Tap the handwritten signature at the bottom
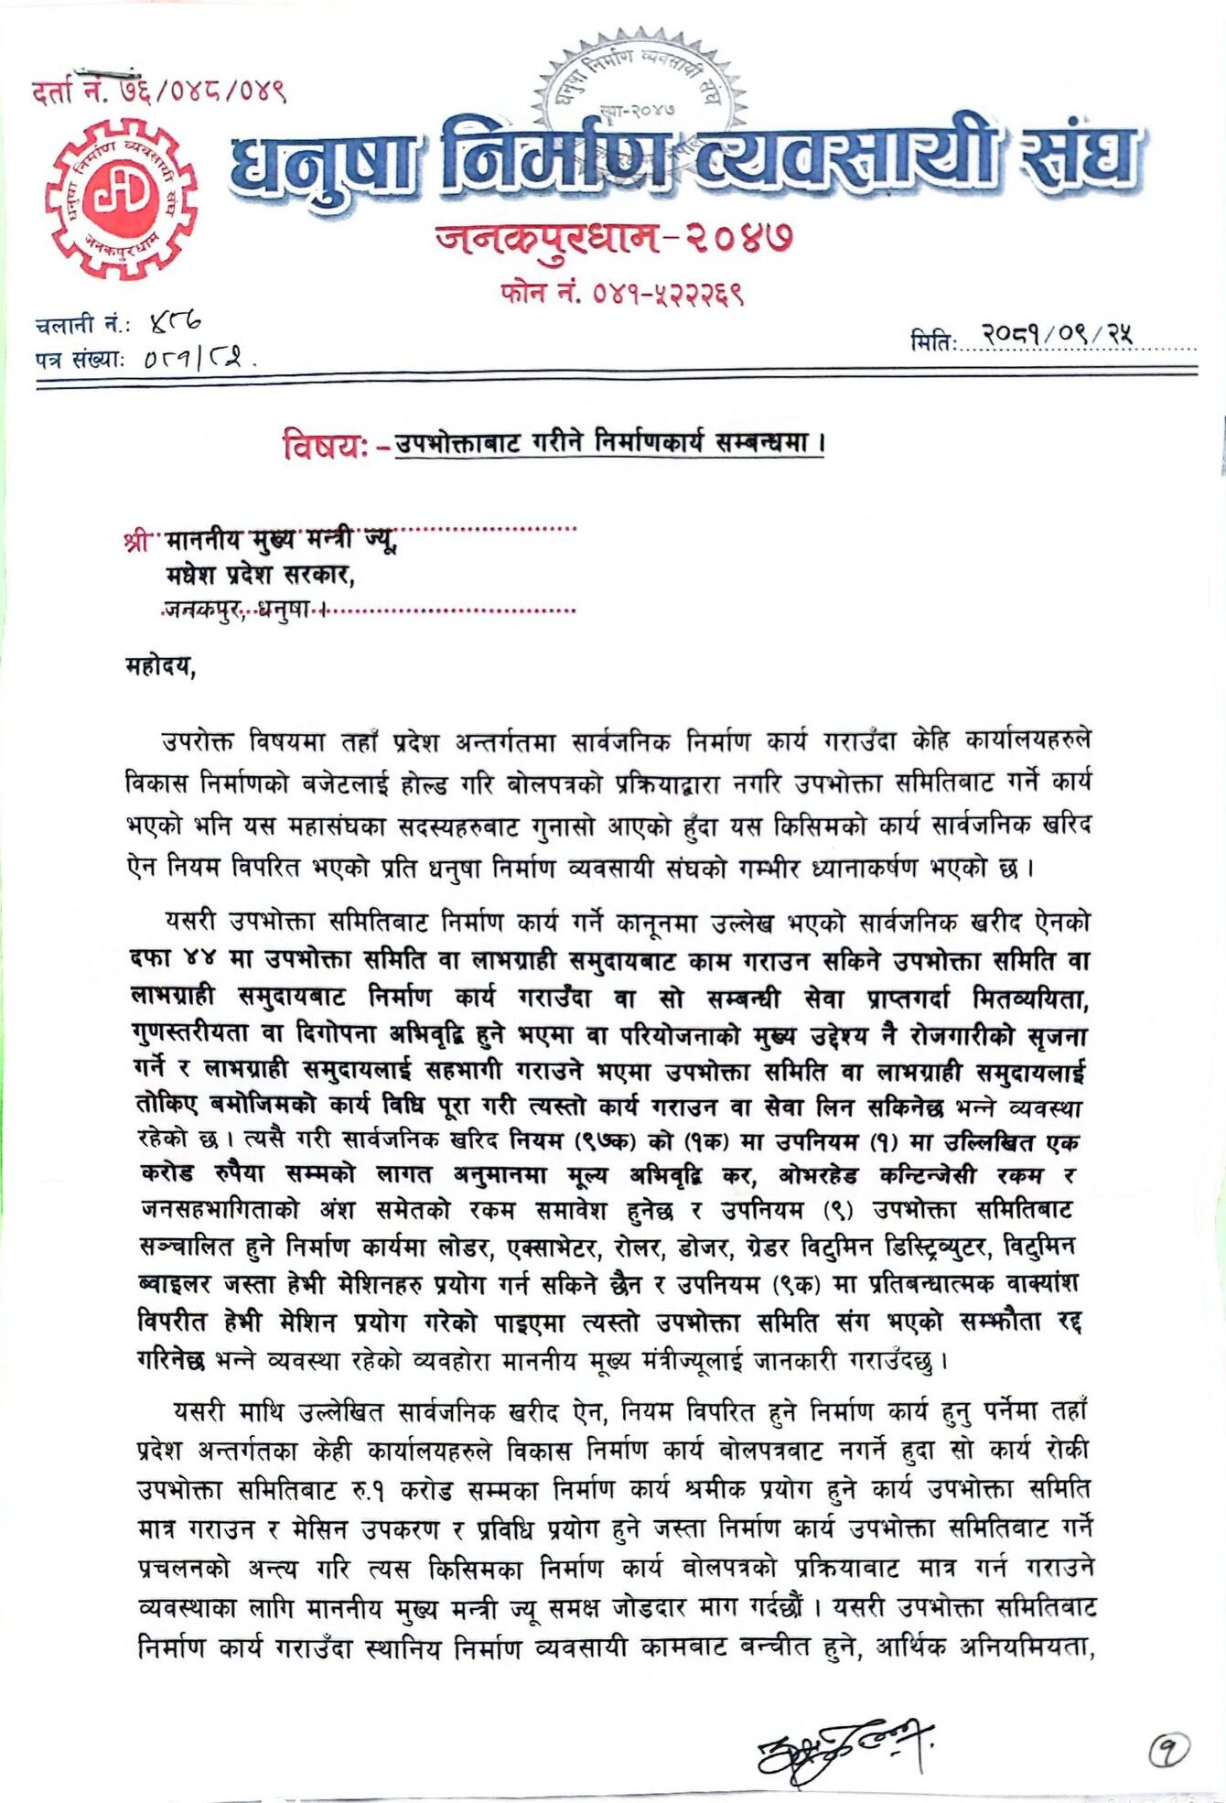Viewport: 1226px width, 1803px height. pos(842,1747)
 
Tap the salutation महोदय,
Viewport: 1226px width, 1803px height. pos(161,666)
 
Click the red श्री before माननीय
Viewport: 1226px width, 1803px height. pos(135,542)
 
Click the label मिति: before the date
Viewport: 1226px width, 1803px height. pos(932,342)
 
